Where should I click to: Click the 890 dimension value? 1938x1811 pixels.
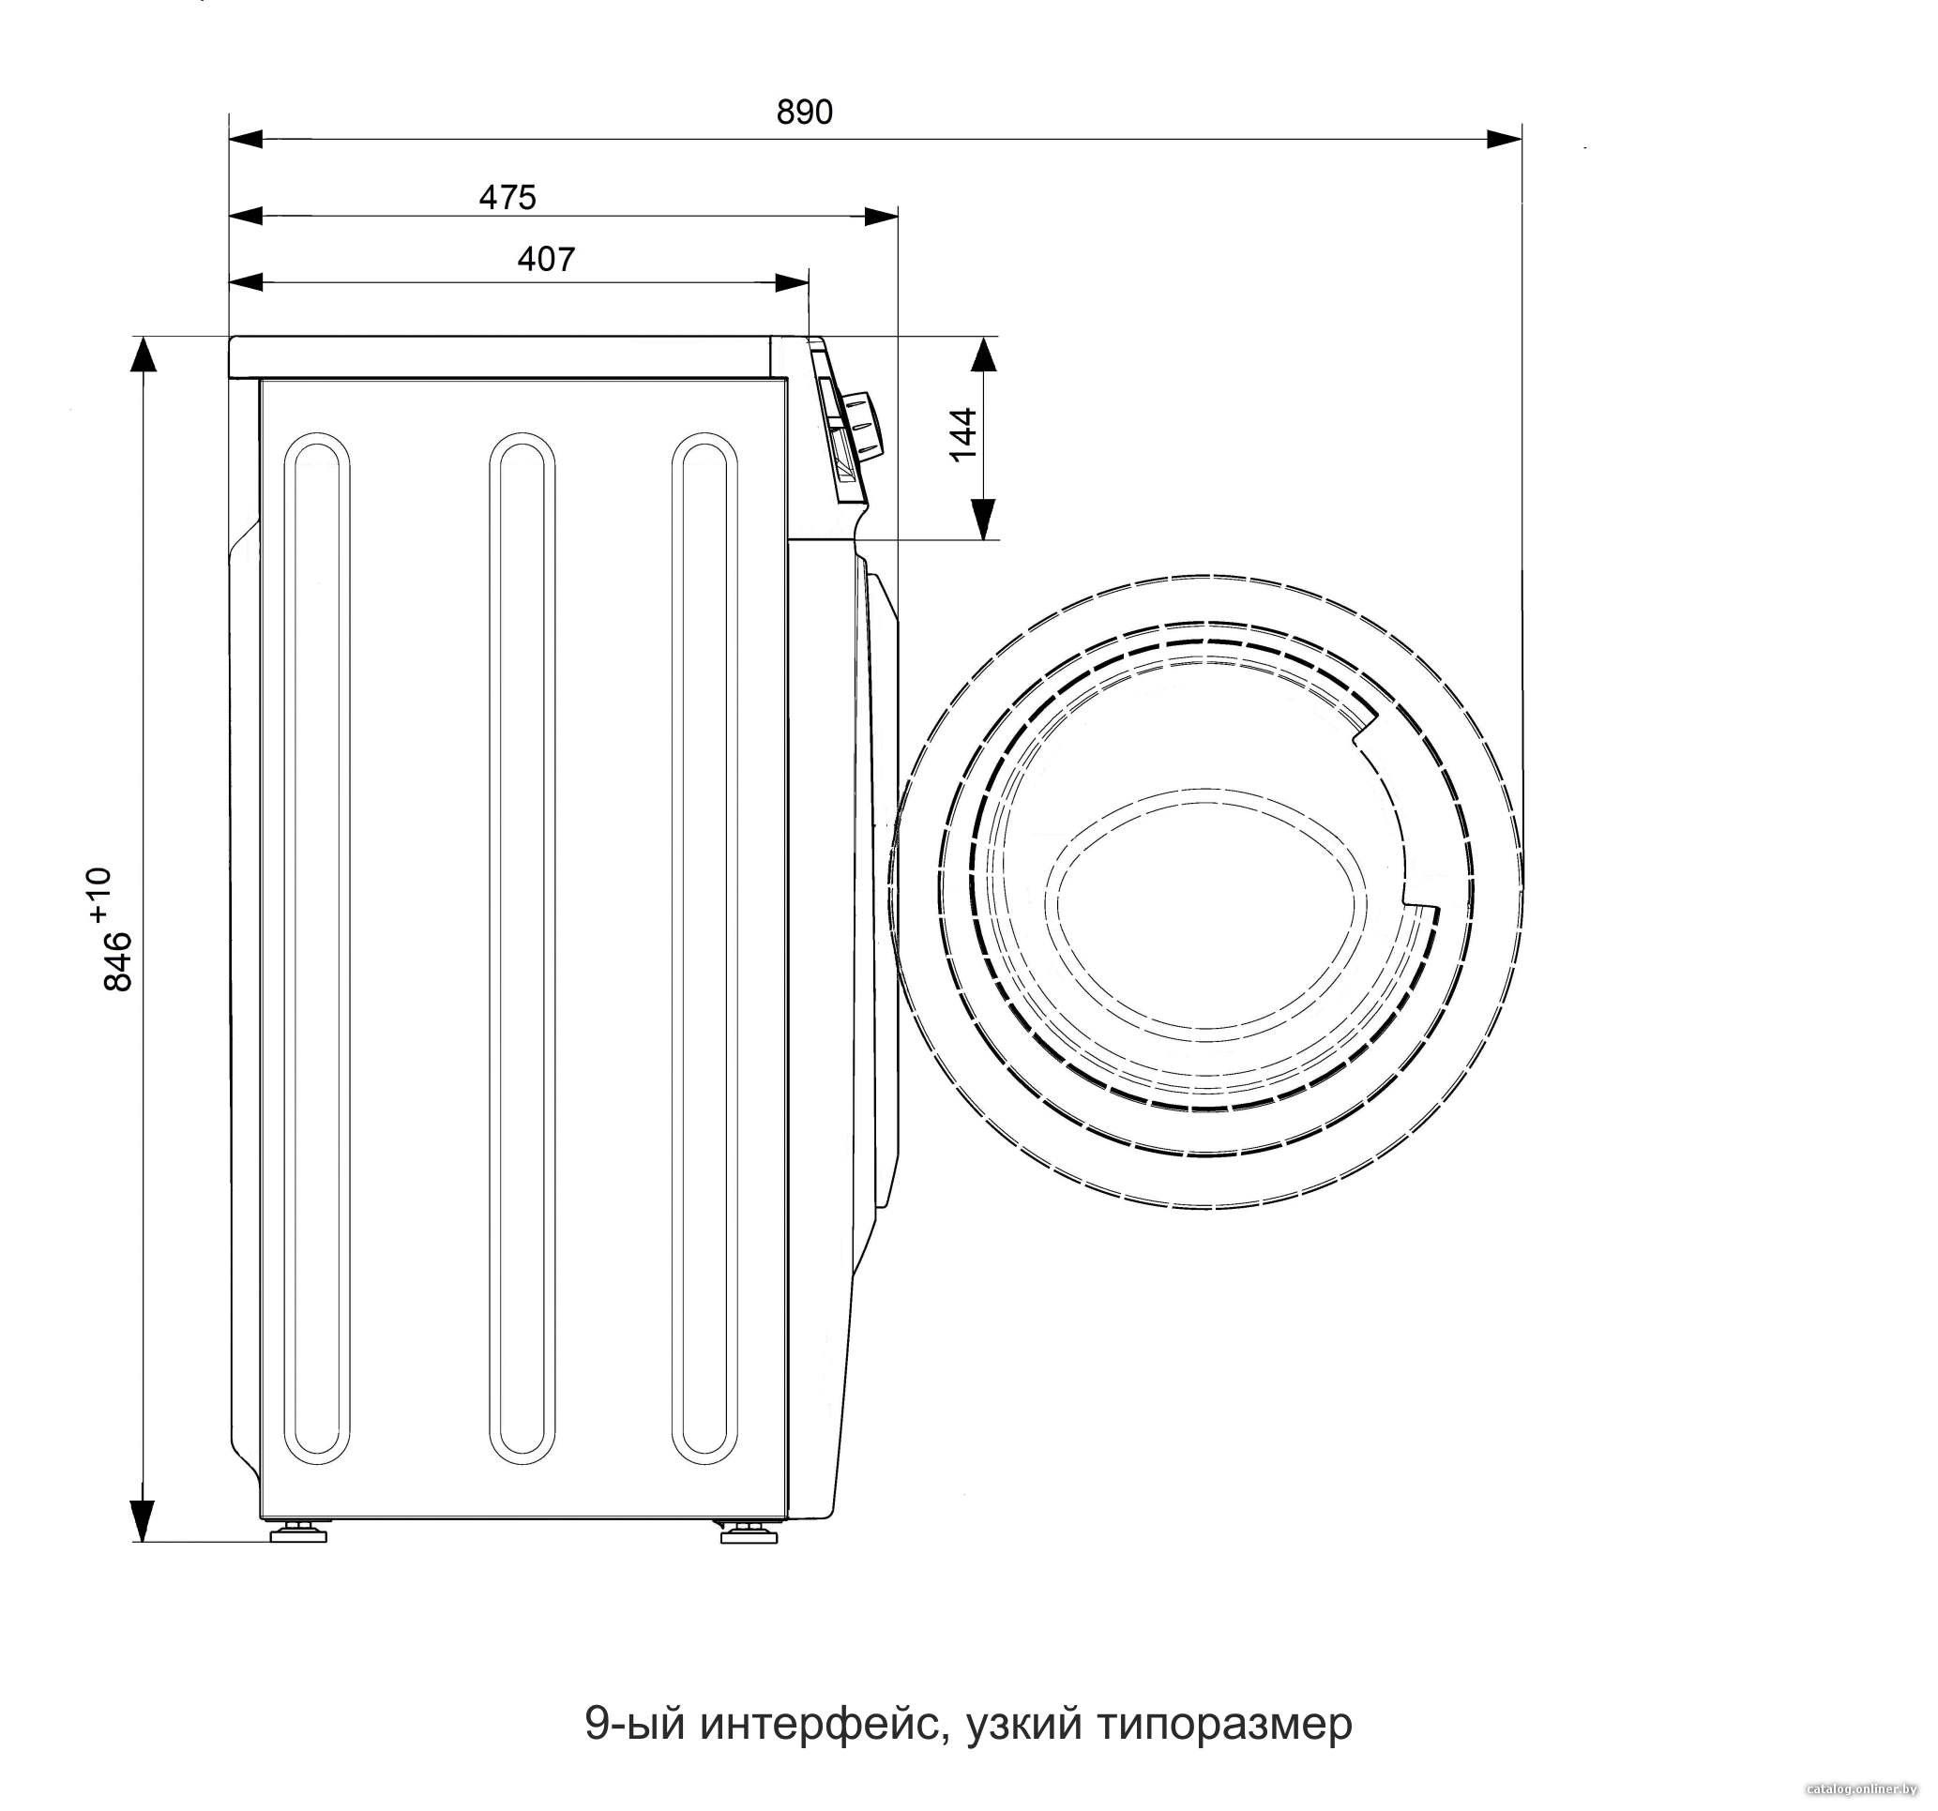(x=804, y=113)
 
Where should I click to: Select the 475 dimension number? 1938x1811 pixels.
(x=507, y=198)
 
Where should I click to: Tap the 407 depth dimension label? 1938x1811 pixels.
(x=546, y=259)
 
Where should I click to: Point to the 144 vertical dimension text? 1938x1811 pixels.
(x=962, y=435)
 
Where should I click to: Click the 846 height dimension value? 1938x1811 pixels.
(x=118, y=961)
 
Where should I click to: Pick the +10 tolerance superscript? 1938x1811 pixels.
(x=99, y=895)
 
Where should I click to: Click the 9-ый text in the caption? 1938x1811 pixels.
(x=637, y=1722)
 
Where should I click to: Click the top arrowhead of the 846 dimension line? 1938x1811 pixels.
(x=144, y=354)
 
